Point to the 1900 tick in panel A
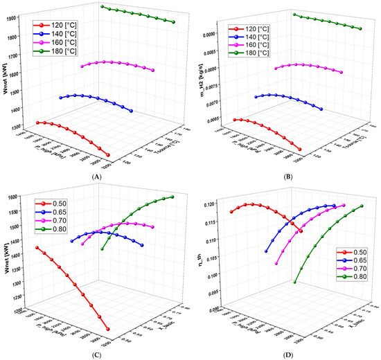point(21,17)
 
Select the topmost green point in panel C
point(173,197)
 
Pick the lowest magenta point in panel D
point(277,263)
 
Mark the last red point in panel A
point(109,155)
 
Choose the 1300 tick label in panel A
point(21,128)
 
